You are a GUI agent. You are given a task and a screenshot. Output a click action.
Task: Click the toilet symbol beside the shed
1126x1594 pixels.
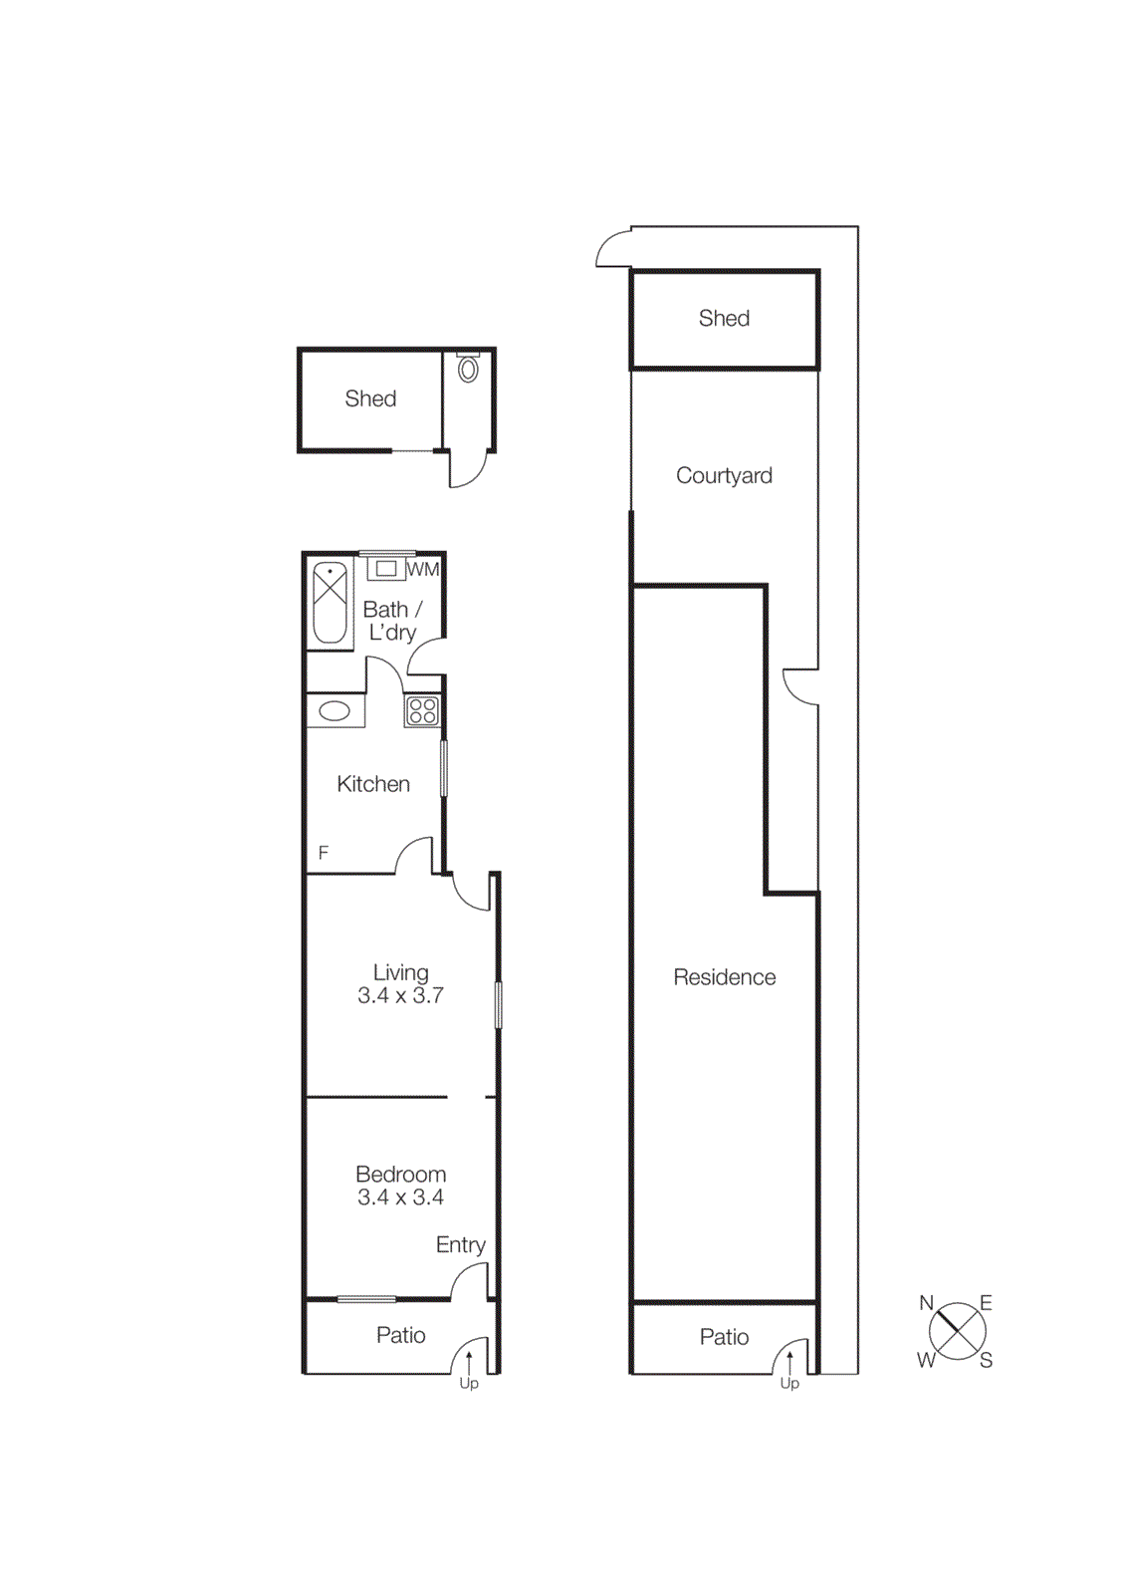coord(468,370)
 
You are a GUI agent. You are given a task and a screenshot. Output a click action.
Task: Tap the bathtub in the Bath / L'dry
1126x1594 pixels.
coord(330,604)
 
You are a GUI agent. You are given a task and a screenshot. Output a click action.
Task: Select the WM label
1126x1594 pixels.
coord(423,570)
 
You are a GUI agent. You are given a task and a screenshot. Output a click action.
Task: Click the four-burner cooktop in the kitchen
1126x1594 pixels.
coord(423,710)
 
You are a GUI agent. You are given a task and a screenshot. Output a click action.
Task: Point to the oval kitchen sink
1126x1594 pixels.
coord(334,711)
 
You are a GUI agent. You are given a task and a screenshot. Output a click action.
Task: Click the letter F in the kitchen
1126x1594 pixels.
coord(323,853)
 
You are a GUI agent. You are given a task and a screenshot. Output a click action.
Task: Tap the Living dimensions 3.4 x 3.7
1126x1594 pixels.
coord(400,995)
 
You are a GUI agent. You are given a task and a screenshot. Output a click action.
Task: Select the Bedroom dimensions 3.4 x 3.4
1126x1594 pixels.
coord(400,1197)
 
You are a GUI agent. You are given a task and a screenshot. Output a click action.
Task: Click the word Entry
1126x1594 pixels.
coord(460,1244)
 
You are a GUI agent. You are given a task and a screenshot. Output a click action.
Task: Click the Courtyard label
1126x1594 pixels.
coord(724,475)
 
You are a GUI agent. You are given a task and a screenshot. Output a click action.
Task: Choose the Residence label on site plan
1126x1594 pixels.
coord(724,977)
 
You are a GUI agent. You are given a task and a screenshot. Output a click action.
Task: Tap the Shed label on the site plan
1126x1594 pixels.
coord(724,318)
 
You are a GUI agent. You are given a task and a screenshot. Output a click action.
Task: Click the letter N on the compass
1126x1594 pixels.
coord(926,1303)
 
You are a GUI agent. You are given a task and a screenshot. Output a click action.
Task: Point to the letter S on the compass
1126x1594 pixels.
coord(986,1361)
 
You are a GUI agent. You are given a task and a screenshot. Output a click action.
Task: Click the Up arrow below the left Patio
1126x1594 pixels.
coord(469,1362)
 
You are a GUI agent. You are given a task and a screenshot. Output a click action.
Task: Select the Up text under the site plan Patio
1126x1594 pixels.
coord(789,1384)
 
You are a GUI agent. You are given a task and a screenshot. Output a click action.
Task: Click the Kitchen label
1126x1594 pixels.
coord(373,784)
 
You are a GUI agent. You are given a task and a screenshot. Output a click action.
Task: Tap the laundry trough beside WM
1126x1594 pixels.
coord(386,569)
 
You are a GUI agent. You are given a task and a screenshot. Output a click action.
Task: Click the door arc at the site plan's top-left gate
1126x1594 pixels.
coord(609,247)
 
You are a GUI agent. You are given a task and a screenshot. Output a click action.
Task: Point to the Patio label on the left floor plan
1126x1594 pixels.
coord(400,1335)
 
